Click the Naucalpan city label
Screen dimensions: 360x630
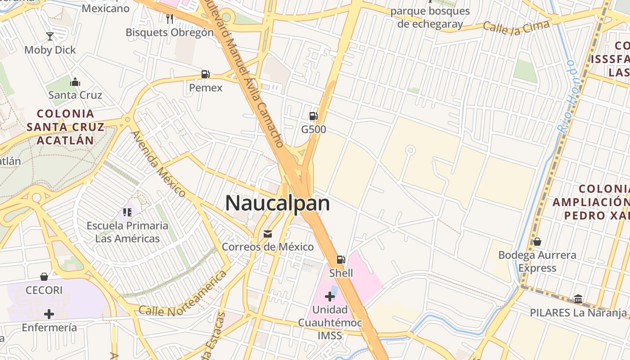click(277, 203)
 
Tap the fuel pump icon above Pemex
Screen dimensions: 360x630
click(205, 74)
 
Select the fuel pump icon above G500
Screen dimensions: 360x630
click(313, 116)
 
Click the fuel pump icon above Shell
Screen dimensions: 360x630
click(341, 260)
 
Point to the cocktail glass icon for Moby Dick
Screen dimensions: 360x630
click(50, 36)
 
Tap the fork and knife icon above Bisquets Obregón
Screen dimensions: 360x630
click(170, 18)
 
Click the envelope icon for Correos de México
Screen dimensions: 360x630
click(268, 234)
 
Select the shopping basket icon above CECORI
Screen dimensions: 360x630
click(44, 276)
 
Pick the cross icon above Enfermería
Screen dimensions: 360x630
click(49, 314)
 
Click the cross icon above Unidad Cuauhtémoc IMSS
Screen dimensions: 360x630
click(330, 296)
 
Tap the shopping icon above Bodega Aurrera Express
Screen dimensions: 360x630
click(537, 242)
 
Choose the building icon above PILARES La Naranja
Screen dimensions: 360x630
click(578, 299)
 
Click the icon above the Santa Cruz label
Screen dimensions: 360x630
click(75, 82)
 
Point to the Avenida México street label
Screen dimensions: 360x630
click(158, 164)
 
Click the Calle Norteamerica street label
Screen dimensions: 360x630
click(182, 293)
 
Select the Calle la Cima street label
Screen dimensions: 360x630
click(516, 27)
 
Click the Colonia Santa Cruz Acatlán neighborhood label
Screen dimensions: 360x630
click(66, 127)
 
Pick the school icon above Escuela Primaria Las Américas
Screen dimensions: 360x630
click(127, 211)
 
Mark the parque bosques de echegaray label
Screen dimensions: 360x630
click(430, 18)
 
